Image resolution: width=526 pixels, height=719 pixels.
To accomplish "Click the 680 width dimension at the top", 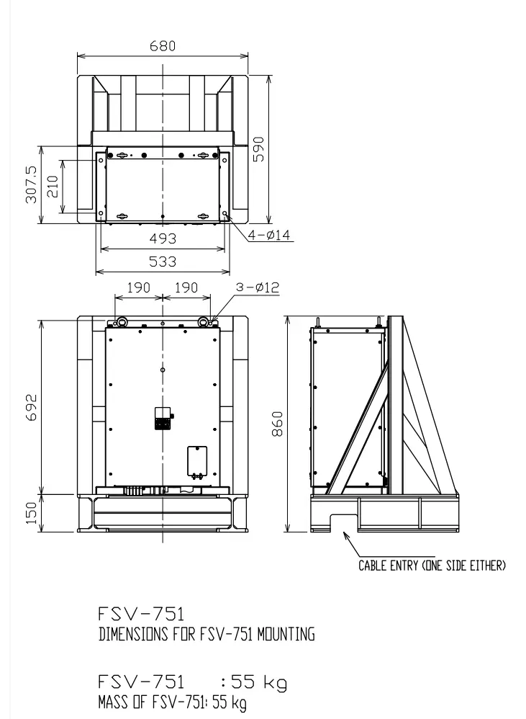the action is (163, 46).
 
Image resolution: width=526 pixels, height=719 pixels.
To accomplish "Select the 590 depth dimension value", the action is (258, 149).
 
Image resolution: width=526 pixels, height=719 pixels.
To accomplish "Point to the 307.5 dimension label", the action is (31, 184).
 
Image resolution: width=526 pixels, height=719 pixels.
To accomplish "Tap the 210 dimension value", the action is (53, 186).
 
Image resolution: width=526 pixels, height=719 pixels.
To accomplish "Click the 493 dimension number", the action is (163, 238).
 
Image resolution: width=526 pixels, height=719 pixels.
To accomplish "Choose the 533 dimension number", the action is (163, 262).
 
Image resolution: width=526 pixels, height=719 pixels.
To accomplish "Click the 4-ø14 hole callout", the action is (269, 235).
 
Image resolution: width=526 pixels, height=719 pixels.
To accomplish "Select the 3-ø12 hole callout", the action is (258, 287).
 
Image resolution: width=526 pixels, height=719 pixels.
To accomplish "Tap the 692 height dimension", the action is (31, 407).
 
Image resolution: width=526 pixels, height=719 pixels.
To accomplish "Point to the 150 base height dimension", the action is (31, 513).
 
